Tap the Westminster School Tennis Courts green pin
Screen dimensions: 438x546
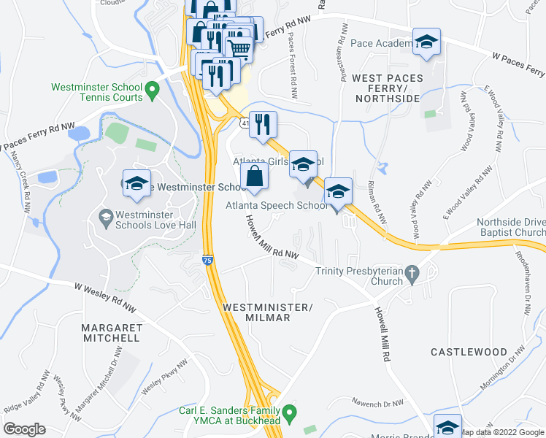click(152, 91)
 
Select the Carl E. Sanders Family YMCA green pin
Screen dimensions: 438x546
click(289, 414)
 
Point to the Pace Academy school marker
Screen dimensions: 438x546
click(426, 43)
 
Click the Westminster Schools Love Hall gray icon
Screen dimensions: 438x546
click(105, 217)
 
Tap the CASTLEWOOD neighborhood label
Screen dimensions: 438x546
click(469, 352)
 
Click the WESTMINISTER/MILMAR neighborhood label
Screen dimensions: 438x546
click(266, 312)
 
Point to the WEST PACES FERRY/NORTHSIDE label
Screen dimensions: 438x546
click(387, 88)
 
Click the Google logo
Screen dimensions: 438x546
click(24, 429)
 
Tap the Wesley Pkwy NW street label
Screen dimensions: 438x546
click(165, 377)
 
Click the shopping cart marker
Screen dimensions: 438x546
click(239, 49)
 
